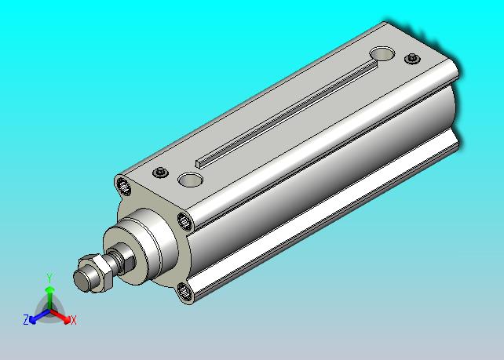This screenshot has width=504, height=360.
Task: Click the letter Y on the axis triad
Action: pos(49,278)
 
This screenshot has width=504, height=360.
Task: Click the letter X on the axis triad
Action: pos(74,320)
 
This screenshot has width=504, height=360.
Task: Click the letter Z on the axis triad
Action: pos(26,319)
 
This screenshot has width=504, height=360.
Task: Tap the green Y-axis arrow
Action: pos(49,298)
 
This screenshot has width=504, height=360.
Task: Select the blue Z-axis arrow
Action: pos(39,316)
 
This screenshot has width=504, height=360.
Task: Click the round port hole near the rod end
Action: pos(190,180)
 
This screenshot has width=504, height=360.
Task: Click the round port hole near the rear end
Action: pos(382,54)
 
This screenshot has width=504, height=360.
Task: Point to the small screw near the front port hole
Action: pos(160,173)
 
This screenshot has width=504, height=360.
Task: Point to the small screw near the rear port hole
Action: pos(412,59)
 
